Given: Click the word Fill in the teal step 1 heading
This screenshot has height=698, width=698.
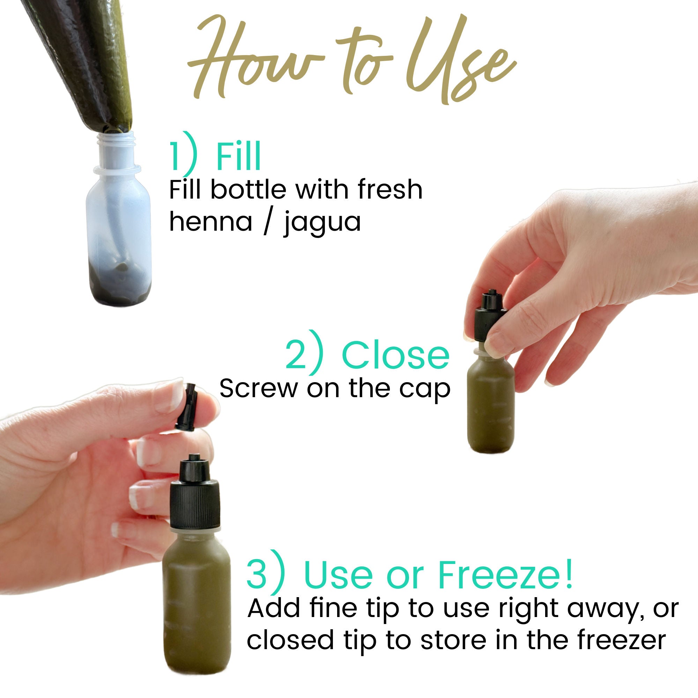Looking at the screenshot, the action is tap(238, 158).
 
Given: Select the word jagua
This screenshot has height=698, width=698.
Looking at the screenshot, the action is tap(322, 223).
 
